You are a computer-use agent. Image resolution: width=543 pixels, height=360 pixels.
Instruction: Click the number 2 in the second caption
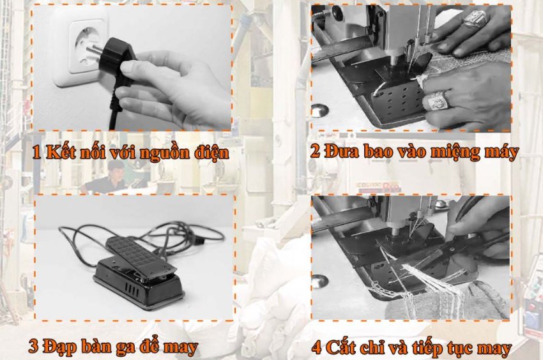click(316, 152)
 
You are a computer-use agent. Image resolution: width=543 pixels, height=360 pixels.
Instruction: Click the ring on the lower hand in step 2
click(436, 100)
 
